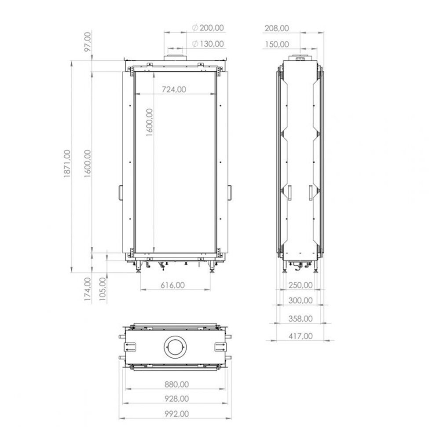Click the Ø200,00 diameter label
(x=209, y=28)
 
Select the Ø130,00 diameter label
(x=209, y=44)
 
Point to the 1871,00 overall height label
(x=67, y=164)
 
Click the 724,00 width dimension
(x=174, y=89)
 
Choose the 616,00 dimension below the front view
(x=172, y=285)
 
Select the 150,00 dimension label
(x=277, y=44)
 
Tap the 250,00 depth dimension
(x=301, y=285)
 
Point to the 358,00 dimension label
(x=301, y=318)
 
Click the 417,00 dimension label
(x=301, y=336)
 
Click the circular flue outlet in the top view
(x=176, y=347)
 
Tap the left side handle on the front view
(x=121, y=193)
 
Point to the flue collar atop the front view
(x=175, y=59)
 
